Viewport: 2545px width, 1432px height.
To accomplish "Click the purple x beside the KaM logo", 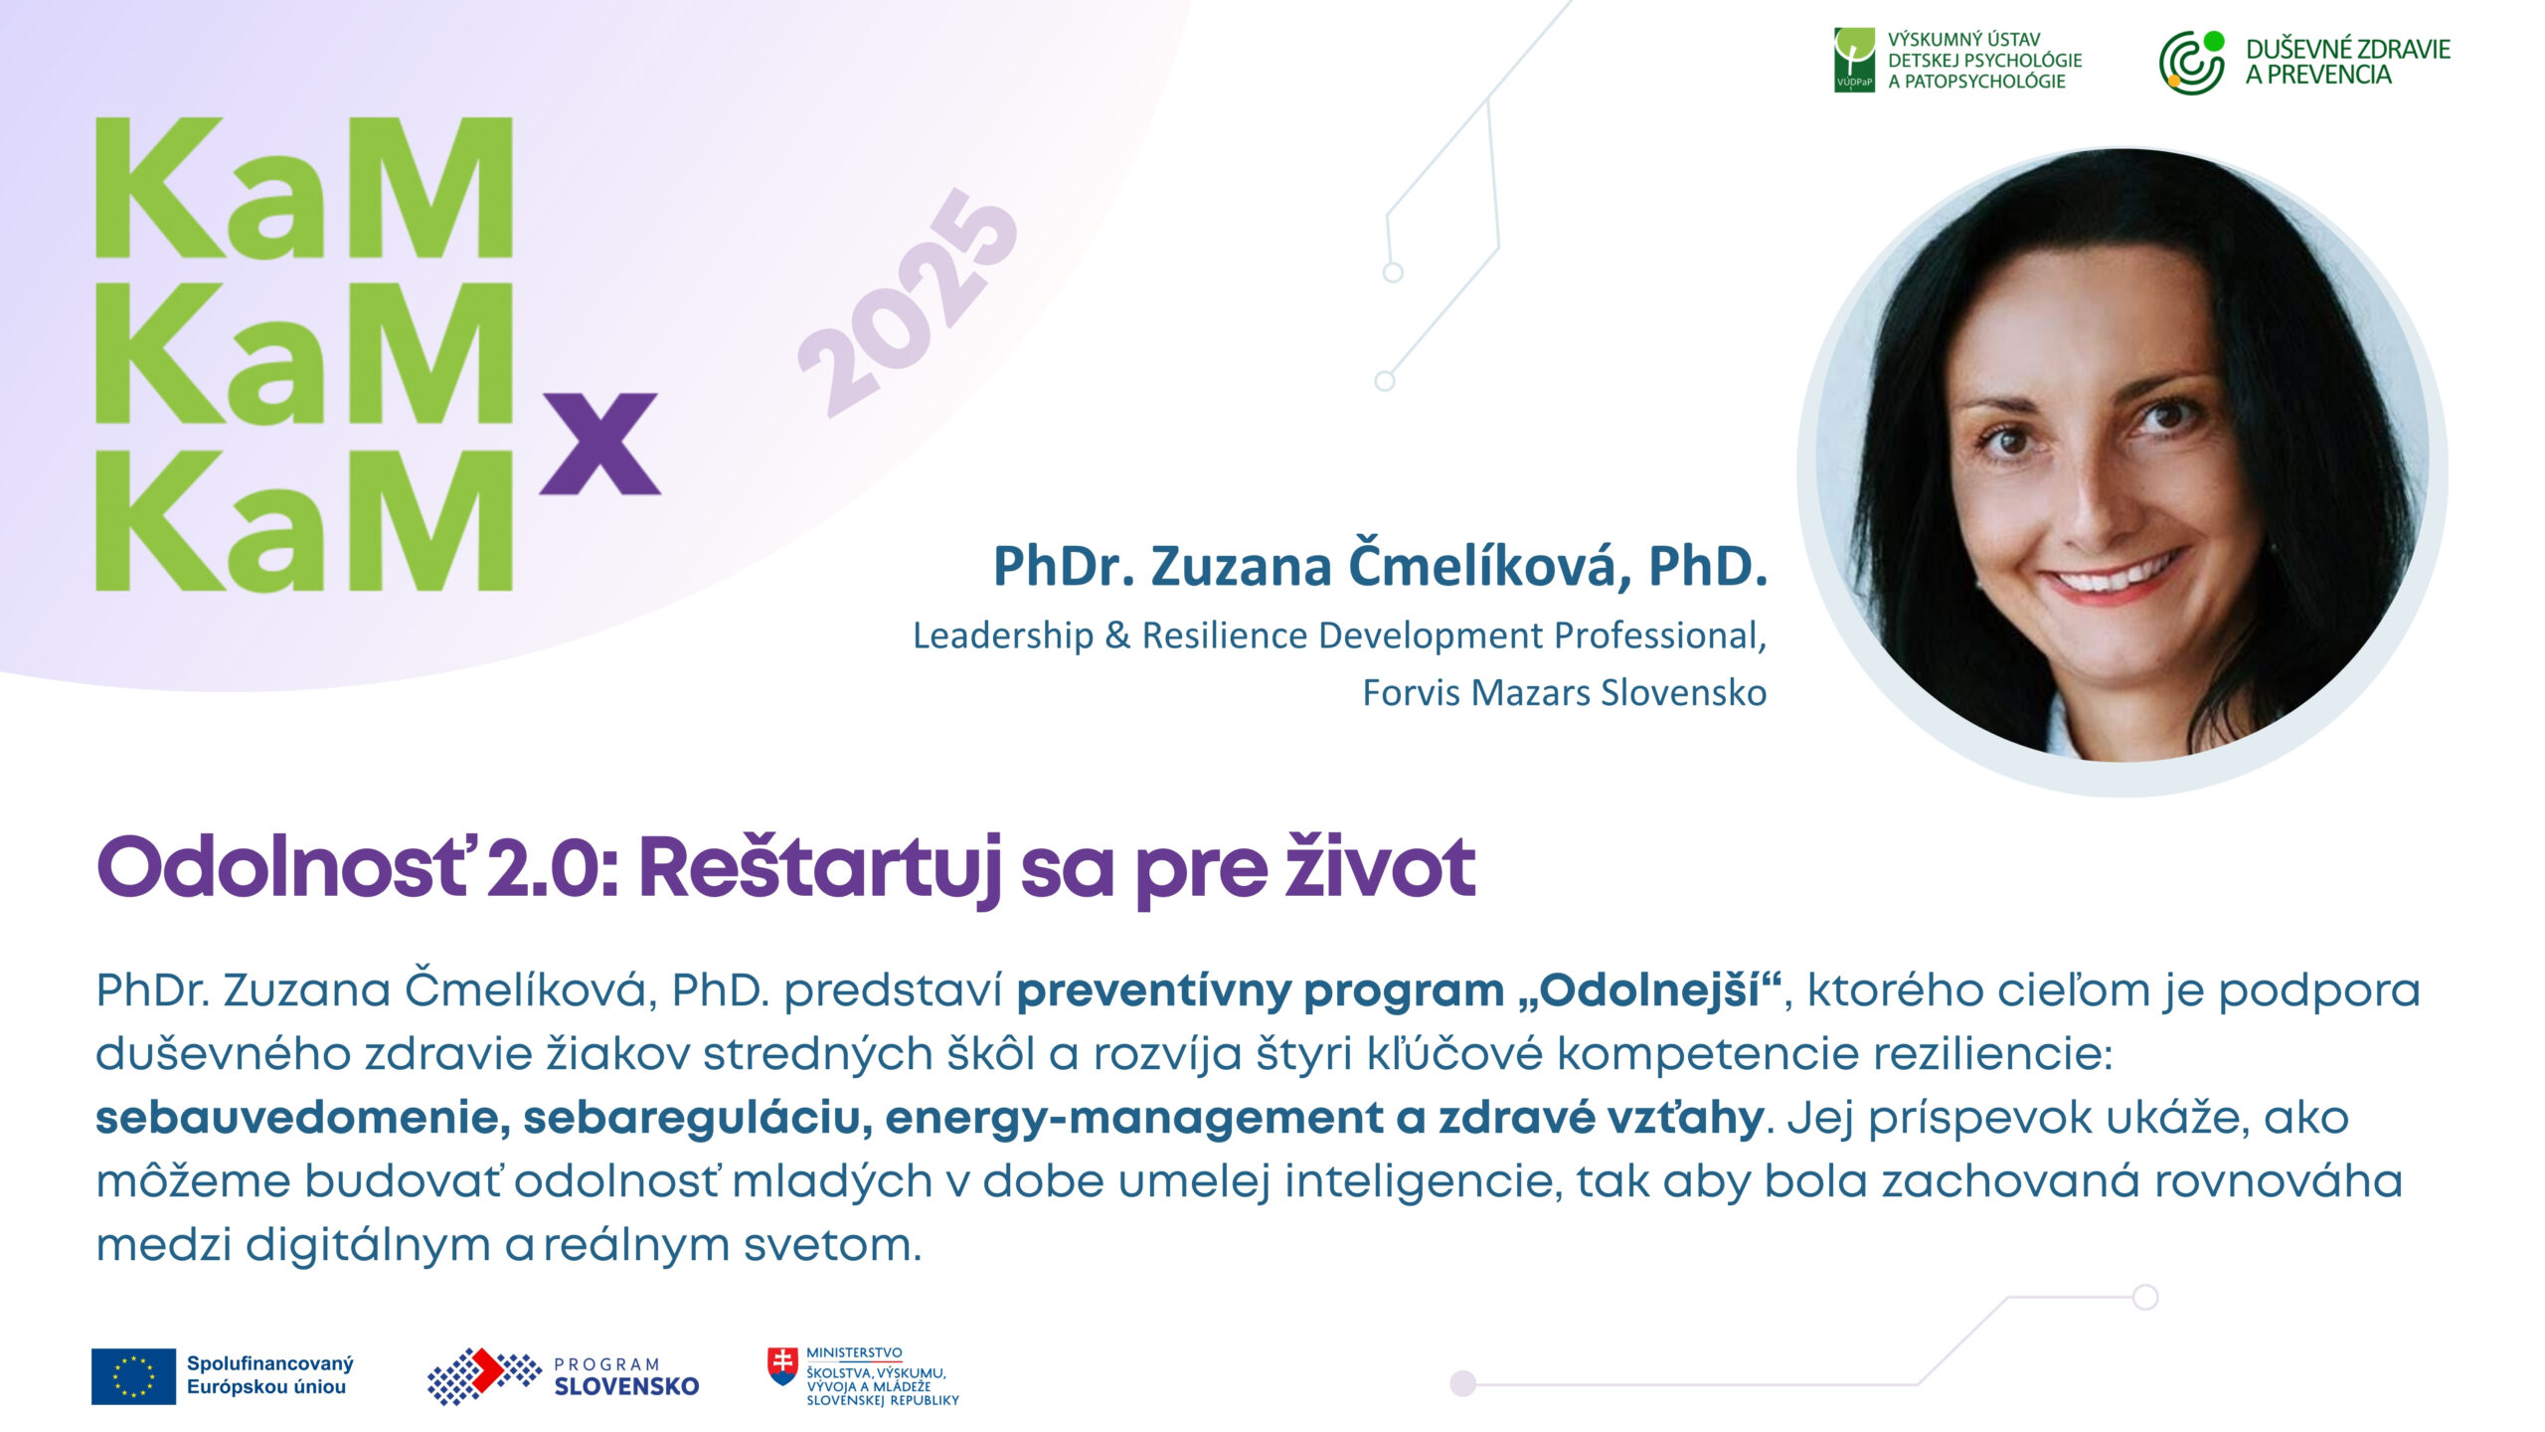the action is (600, 444).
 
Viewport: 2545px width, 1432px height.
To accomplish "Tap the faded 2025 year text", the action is (909, 303).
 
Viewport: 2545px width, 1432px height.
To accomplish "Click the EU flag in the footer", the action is (133, 1376).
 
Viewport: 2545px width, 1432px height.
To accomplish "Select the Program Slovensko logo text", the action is (626, 1377).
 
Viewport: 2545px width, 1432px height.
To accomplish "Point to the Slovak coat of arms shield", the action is (782, 1366).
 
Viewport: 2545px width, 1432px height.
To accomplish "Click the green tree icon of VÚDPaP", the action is (1854, 60).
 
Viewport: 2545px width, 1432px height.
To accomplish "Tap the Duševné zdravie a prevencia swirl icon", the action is (2192, 62).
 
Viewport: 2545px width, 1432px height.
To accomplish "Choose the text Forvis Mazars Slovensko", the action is (1564, 692).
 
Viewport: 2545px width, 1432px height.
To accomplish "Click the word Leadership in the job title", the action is (1003, 635).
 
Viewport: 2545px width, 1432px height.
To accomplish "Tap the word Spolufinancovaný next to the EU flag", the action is (270, 1363).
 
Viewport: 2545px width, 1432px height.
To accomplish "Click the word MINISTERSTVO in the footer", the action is (854, 1353).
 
